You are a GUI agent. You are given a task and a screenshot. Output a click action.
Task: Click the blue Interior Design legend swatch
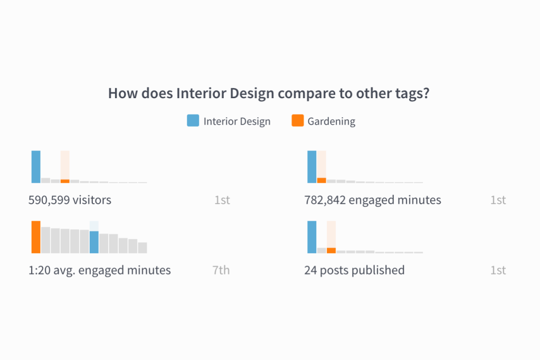193,120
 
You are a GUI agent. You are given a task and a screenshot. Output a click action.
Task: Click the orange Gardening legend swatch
298,120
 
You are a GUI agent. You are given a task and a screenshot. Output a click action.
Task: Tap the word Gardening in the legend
331,121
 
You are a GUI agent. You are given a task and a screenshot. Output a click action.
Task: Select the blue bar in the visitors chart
36,167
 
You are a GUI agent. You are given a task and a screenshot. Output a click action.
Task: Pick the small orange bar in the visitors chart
65,181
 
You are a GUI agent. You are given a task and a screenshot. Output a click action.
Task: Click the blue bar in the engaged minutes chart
311,167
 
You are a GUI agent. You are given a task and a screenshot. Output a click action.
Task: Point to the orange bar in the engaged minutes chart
321,181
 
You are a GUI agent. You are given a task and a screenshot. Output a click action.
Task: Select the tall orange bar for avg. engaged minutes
36,237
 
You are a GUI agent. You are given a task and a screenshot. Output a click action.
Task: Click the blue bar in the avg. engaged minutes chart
94,242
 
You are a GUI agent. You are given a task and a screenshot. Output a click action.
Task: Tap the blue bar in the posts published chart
311,237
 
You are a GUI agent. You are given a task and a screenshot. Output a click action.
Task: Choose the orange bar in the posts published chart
331,250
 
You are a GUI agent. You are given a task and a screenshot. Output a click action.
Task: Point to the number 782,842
325,200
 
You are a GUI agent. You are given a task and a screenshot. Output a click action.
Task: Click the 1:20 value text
39,270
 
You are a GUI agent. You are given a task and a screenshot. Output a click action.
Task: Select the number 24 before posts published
310,270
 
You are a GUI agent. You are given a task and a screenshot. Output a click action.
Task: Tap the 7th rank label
221,270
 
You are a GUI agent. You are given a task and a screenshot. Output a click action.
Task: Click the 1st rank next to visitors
222,200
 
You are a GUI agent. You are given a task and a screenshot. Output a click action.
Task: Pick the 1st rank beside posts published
498,270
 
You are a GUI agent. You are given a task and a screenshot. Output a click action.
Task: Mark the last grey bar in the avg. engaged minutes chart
143,248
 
